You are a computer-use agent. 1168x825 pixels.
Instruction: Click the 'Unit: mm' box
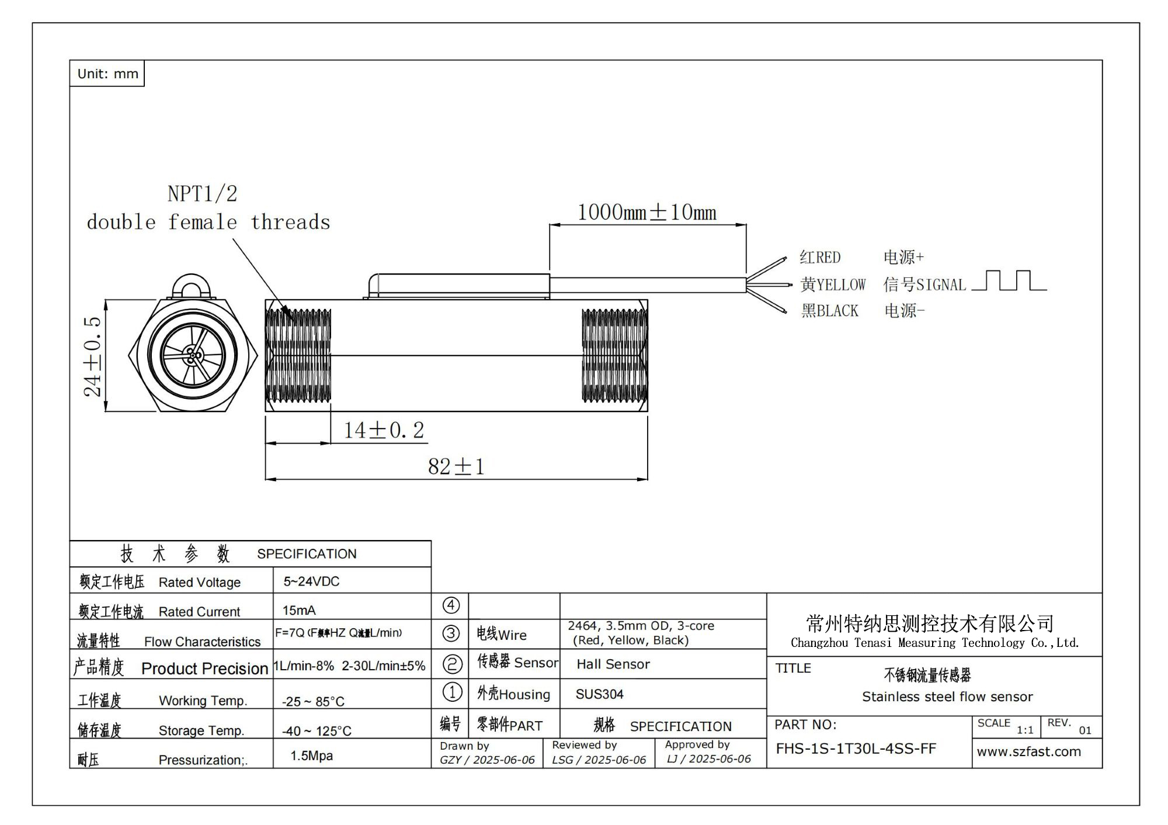(107, 74)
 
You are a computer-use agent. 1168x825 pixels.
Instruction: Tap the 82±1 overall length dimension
(456, 467)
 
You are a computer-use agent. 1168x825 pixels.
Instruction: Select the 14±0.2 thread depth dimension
(384, 431)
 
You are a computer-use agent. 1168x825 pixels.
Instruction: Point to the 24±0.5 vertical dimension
(93, 356)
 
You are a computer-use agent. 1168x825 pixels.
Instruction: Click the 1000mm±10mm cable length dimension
(646, 213)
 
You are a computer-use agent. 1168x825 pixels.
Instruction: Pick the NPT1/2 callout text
(203, 194)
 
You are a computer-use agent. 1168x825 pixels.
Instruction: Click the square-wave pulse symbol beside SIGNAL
(1009, 281)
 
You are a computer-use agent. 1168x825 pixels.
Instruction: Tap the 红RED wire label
(820, 257)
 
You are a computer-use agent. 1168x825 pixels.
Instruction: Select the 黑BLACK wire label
(829, 311)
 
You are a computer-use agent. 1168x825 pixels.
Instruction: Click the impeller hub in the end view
(192, 354)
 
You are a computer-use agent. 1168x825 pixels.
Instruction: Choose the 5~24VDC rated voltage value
(311, 582)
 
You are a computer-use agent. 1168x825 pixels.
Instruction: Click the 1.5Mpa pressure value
(311, 756)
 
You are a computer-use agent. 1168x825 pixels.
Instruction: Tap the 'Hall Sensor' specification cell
(613, 664)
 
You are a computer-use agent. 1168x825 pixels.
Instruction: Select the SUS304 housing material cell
(599, 694)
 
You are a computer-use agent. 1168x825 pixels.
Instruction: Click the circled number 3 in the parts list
(451, 633)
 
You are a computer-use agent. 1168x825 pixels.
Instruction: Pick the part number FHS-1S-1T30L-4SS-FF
(856, 749)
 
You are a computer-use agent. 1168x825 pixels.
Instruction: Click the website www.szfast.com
(1028, 751)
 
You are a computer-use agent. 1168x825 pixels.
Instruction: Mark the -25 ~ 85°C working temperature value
(313, 701)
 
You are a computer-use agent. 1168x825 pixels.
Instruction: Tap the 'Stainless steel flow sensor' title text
(947, 697)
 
